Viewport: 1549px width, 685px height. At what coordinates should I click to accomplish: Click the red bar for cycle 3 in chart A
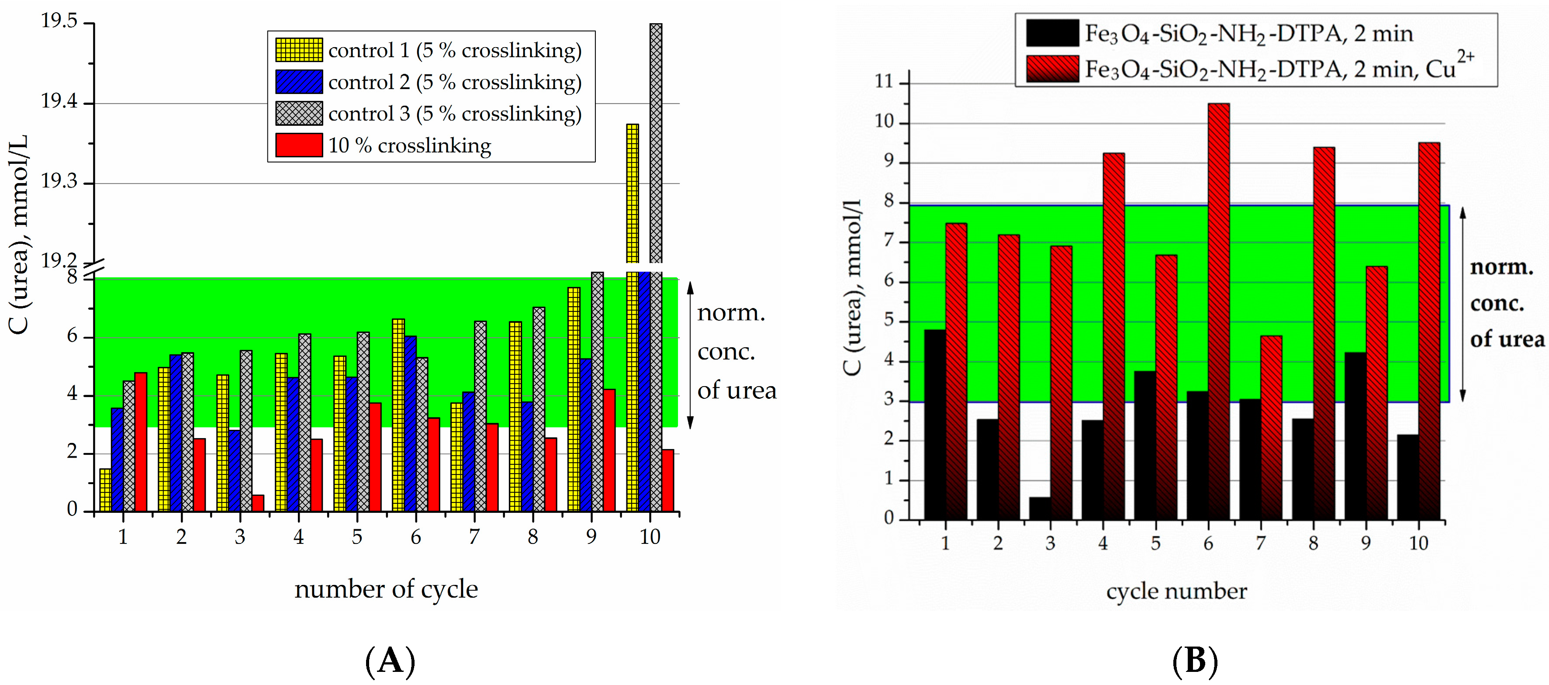[257, 503]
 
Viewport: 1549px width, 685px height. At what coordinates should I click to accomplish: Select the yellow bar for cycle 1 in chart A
[105, 490]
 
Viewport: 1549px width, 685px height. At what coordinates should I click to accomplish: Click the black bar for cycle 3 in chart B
[1040, 508]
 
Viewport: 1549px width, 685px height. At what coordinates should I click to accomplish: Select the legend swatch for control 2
[299, 82]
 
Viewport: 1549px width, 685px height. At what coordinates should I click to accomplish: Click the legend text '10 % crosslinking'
[409, 145]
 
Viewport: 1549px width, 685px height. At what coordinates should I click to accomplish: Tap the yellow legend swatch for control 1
[299, 50]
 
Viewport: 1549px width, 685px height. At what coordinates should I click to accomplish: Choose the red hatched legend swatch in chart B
[1052, 69]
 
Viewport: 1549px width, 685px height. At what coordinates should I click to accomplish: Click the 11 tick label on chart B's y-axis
[884, 81]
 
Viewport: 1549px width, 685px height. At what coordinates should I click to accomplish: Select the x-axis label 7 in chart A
[474, 536]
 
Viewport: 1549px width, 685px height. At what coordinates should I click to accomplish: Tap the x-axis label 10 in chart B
[1418, 543]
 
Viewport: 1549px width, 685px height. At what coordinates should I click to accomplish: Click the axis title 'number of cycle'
[386, 589]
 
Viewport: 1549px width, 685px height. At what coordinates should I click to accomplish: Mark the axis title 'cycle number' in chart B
[1176, 591]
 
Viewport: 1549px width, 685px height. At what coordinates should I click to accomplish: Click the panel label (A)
[390, 661]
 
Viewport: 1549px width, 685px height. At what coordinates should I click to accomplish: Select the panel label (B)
[1195, 661]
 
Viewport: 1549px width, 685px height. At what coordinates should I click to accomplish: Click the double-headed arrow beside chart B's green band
[1463, 304]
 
